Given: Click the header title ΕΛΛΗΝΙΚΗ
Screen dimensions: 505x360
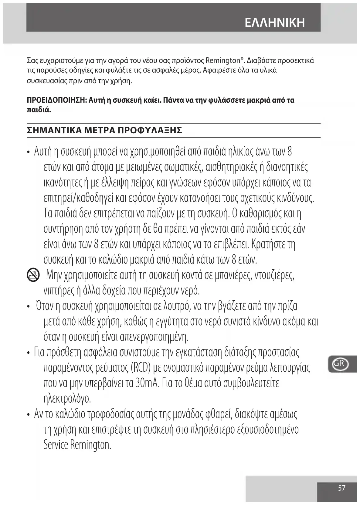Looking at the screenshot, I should pyautogui.click(x=275, y=23).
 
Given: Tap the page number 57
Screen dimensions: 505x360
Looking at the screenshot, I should pyautogui.click(x=341, y=488).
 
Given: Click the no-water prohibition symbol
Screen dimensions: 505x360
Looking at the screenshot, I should pyautogui.click(x=33, y=275).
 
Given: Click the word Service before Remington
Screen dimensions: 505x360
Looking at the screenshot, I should pyautogui.click(x=56, y=445).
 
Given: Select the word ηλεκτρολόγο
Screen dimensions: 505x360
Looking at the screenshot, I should pyautogui.click(x=67, y=398).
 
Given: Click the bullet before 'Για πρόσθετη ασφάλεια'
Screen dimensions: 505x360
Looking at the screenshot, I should pyautogui.click(x=28, y=353).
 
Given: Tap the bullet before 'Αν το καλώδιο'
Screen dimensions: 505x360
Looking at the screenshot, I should pyautogui.click(x=28, y=415).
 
